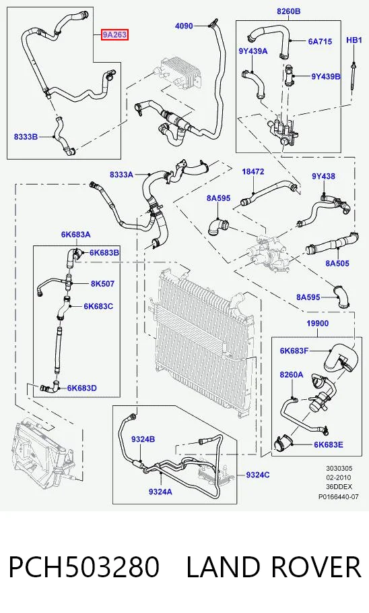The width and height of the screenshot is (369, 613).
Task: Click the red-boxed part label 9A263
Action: (114, 35)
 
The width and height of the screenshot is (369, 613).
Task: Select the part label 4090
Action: (184, 26)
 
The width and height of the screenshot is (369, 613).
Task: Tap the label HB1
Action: (354, 40)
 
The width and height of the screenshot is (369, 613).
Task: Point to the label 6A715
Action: (321, 41)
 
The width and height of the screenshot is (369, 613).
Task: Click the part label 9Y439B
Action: (326, 76)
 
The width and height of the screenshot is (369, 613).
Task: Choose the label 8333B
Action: (26, 137)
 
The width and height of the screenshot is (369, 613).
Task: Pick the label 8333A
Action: (121, 175)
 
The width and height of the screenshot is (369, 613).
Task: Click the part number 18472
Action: (253, 171)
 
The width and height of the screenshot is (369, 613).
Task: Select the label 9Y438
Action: (323, 176)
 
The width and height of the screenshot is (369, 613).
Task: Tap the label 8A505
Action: (337, 263)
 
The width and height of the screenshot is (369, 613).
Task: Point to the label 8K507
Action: (103, 283)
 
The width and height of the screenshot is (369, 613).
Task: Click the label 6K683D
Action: (82, 388)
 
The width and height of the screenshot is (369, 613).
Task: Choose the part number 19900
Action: (317, 323)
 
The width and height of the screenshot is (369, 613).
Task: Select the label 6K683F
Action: (294, 351)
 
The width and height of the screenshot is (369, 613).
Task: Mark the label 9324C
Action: (258, 475)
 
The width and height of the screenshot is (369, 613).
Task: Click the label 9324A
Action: (160, 492)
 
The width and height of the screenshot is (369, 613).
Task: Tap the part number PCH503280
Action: (84, 567)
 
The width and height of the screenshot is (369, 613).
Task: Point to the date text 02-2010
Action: (339, 477)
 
